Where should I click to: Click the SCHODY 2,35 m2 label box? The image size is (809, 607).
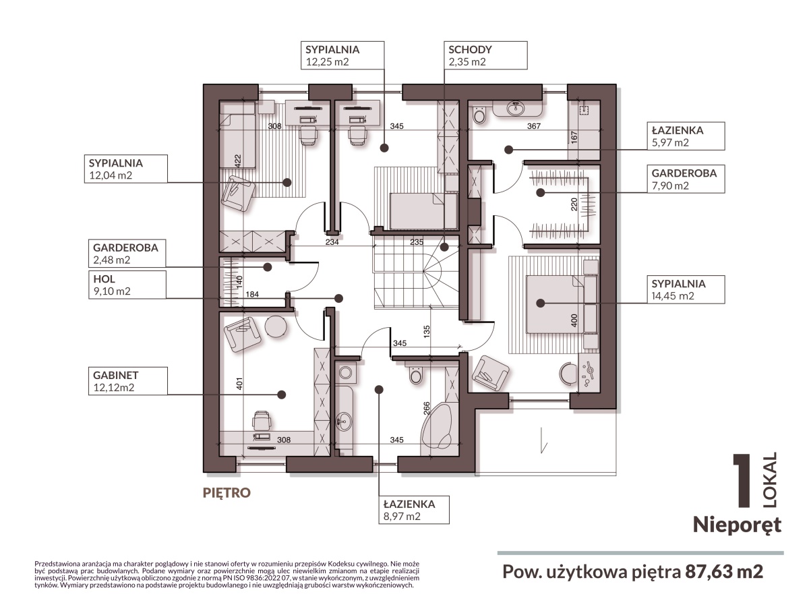(x=485, y=55)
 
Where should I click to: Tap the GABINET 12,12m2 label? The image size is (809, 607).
(x=128, y=381)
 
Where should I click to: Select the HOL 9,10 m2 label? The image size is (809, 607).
(x=127, y=285)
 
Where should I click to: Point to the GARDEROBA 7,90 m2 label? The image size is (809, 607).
(x=686, y=179)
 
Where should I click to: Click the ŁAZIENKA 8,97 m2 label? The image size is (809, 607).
(x=414, y=510)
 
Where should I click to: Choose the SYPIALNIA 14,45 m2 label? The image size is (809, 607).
(x=686, y=290)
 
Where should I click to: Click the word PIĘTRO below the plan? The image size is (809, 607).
(x=227, y=492)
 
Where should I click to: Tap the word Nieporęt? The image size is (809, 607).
(x=737, y=525)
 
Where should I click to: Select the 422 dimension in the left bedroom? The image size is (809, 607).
(x=238, y=161)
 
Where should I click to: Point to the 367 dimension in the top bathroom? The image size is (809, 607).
(x=534, y=126)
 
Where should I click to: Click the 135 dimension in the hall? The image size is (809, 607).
(x=427, y=331)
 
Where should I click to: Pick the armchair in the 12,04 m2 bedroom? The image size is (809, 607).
(x=239, y=193)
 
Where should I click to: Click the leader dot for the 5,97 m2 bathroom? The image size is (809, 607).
(x=508, y=150)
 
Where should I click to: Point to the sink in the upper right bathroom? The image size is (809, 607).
(x=516, y=108)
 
